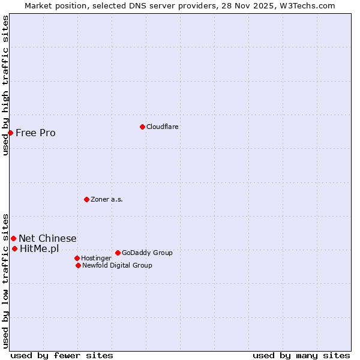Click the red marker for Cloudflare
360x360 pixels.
[142, 127]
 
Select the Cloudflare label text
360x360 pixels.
[162, 127]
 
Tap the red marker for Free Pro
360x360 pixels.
[11, 133]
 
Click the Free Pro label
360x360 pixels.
[35, 133]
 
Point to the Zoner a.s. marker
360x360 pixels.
[86, 199]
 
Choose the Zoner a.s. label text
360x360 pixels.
[107, 200]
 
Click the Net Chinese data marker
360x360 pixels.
[13, 239]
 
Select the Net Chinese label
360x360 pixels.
[47, 239]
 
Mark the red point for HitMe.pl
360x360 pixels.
[14, 248]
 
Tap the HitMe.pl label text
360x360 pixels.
[39, 249]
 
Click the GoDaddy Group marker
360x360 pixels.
[118, 253]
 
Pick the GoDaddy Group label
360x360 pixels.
[147, 253]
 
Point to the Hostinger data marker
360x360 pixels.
[77, 258]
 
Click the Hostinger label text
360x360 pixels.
[96, 259]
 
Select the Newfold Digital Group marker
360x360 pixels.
[78, 265]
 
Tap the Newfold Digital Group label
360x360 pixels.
[117, 266]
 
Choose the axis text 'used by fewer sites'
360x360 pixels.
[62, 355]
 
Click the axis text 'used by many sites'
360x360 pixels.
[301, 355]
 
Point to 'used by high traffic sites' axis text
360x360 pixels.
[5, 85]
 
